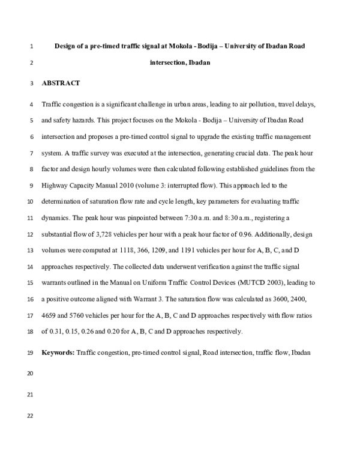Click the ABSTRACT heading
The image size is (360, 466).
(x=61, y=83)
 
